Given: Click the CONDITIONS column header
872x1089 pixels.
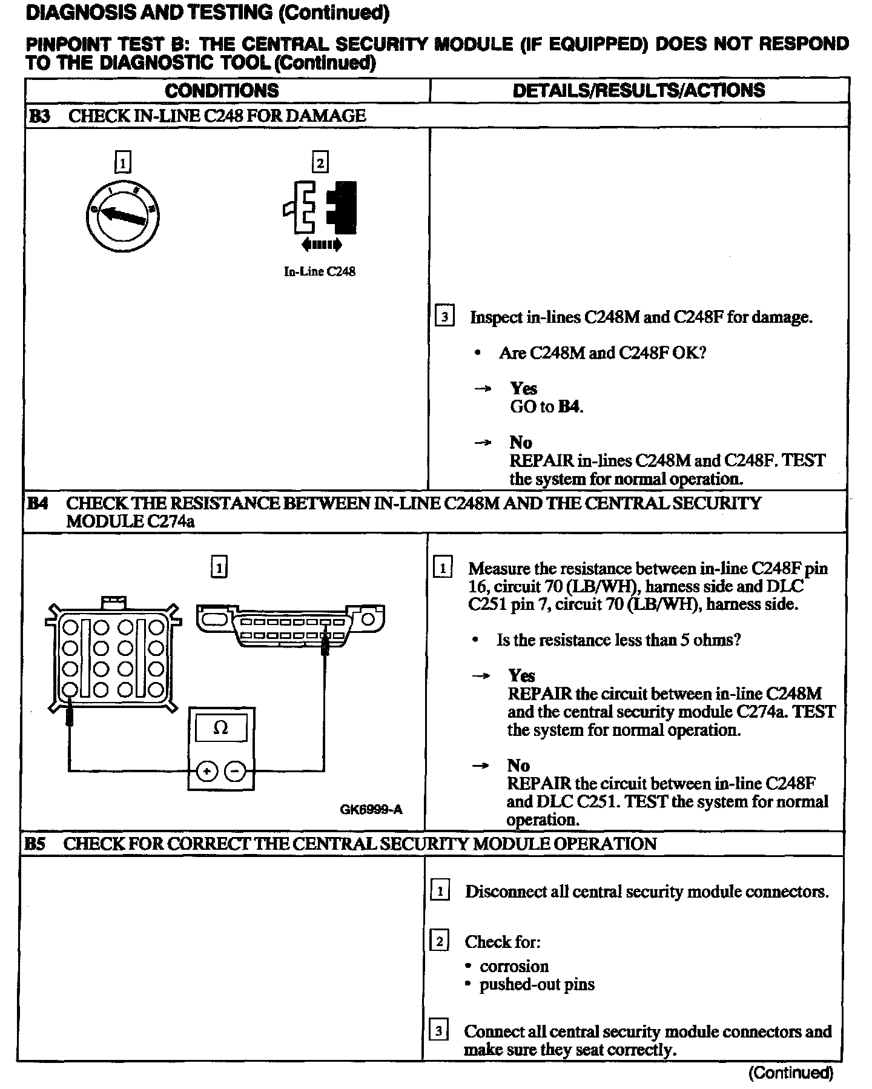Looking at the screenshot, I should tap(222, 91).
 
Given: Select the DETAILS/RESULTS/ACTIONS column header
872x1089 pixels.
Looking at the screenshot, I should tap(638, 91).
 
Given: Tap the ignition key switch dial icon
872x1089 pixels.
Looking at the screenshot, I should tap(122, 214).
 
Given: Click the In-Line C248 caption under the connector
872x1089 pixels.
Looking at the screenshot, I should tap(319, 272).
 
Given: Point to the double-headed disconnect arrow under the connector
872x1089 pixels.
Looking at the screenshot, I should tap(321, 245).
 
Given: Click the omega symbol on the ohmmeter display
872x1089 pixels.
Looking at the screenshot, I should tap(221, 728).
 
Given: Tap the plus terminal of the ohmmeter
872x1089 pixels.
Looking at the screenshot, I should tap(207, 771).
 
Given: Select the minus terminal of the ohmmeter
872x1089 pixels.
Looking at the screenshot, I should tap(235, 771).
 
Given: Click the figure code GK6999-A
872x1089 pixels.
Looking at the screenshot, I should tap(371, 810).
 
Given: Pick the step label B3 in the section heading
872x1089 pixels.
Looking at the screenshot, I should tap(39, 116).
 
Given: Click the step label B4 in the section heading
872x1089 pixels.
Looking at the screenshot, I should tap(38, 503).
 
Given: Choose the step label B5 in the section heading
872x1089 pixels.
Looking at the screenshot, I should tap(35, 844).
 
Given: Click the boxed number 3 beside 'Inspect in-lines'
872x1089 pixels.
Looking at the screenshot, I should tap(444, 317).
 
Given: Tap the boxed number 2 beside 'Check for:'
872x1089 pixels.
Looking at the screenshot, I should tap(439, 941).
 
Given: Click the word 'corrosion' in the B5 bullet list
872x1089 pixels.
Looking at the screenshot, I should tap(514, 966).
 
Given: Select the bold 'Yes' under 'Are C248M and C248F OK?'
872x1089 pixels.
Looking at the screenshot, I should tap(523, 388).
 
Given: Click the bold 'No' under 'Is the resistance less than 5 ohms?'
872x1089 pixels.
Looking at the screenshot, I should tap(518, 766).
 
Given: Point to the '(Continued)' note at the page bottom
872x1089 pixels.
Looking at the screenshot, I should tap(791, 1073).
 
